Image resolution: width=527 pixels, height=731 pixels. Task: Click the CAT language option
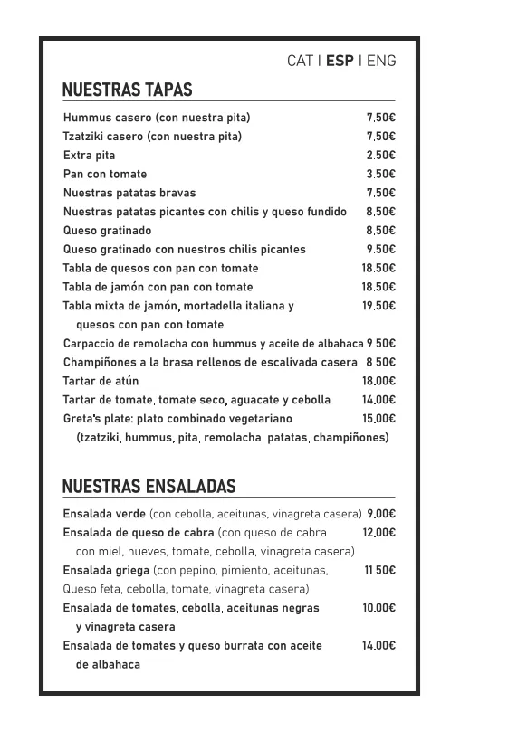pyautogui.click(x=300, y=62)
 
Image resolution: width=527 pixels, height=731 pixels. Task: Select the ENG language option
pyautogui.click(x=381, y=62)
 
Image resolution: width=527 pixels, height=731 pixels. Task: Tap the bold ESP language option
pyautogui.click(x=340, y=62)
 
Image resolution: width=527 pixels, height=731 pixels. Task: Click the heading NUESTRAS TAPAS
pyautogui.click(x=127, y=90)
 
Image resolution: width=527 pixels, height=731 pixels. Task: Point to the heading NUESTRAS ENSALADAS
pyautogui.click(x=149, y=487)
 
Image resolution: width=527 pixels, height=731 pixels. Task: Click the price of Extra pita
pyautogui.click(x=380, y=156)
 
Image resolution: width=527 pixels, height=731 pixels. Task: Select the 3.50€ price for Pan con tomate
pyautogui.click(x=380, y=175)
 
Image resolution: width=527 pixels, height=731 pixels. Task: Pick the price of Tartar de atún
pyautogui.click(x=378, y=382)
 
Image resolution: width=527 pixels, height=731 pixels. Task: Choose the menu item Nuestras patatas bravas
pyautogui.click(x=129, y=193)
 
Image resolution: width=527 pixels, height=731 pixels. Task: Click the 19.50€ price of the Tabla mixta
pyautogui.click(x=378, y=306)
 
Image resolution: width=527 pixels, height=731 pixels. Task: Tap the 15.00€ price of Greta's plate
pyautogui.click(x=378, y=419)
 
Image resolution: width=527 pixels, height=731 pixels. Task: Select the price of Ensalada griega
pyautogui.click(x=379, y=571)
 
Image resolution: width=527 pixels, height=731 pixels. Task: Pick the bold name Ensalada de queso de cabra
pyautogui.click(x=139, y=533)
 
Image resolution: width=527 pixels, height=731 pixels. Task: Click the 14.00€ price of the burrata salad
pyautogui.click(x=378, y=646)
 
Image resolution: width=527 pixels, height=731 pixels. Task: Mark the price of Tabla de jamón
pyautogui.click(x=378, y=287)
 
